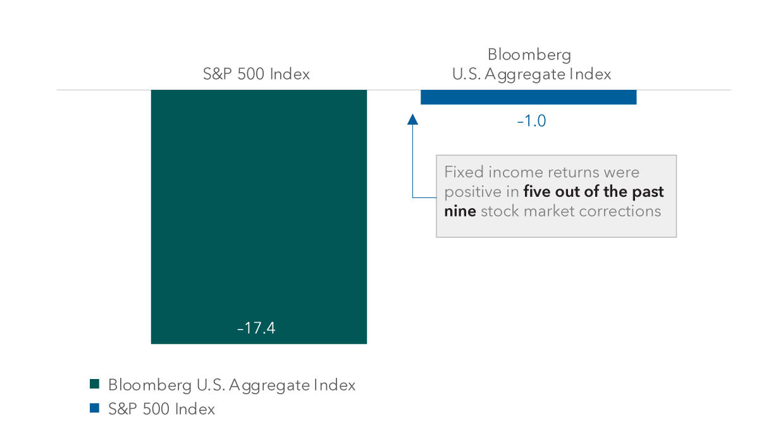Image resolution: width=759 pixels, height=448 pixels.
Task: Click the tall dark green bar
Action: pyautogui.click(x=259, y=215)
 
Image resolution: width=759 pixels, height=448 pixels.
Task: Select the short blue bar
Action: pyautogui.click(x=528, y=97)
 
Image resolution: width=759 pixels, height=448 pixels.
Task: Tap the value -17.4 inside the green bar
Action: pyautogui.click(x=256, y=329)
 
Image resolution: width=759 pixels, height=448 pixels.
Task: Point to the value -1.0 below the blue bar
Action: pyautogui.click(x=531, y=120)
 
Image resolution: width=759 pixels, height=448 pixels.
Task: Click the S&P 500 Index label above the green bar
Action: pyautogui.click(x=256, y=74)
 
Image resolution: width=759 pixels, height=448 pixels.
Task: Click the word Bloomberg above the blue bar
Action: pyautogui.click(x=529, y=54)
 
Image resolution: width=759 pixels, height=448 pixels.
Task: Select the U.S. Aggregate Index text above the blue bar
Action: pyautogui.click(x=531, y=74)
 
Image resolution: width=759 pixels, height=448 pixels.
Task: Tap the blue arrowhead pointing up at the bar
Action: pyautogui.click(x=413, y=119)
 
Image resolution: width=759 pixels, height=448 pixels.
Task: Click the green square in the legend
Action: pyautogui.click(x=95, y=384)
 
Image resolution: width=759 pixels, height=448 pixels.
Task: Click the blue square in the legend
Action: pyautogui.click(x=95, y=409)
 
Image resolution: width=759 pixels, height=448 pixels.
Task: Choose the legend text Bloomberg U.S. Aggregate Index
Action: pyautogui.click(x=231, y=384)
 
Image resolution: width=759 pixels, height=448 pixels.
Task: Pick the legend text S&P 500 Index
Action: pyautogui.click(x=161, y=409)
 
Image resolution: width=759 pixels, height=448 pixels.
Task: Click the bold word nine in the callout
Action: pyautogui.click(x=460, y=211)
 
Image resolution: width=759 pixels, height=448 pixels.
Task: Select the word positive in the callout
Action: pyautogui.click(x=472, y=192)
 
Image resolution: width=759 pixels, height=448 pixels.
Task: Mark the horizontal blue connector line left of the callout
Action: pyautogui.click(x=424, y=197)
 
